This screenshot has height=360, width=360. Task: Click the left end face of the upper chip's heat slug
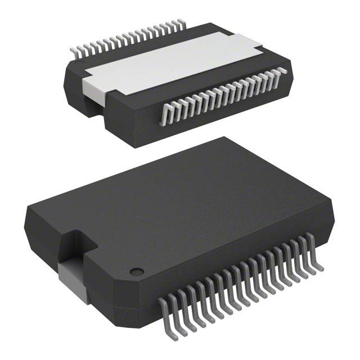[x=92, y=87]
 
